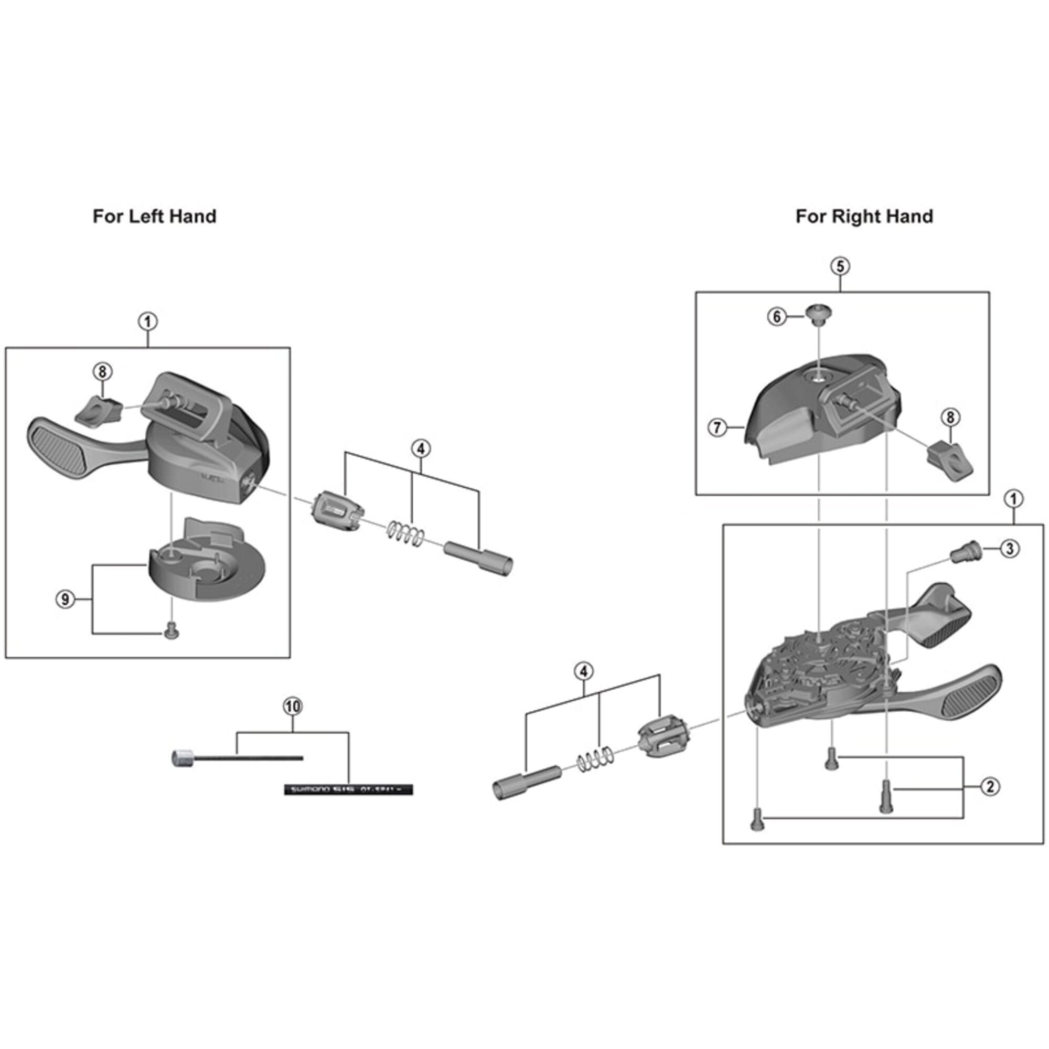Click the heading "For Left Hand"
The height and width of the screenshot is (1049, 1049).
point(154,217)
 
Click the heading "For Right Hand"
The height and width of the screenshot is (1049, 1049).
point(864,217)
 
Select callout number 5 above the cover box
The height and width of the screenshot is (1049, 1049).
point(840,266)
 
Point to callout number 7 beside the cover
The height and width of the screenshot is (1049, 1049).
point(717,428)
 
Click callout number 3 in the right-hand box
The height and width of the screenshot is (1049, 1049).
point(1009,549)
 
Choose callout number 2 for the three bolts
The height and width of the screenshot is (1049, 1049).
point(990,787)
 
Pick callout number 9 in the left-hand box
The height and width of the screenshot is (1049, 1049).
point(65,600)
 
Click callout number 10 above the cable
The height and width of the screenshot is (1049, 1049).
point(293,707)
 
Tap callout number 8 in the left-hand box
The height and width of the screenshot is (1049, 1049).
point(102,372)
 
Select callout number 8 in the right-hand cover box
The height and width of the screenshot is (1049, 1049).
point(950,417)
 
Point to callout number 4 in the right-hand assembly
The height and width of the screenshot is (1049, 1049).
point(584,672)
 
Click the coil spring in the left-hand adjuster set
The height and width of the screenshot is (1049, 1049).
point(405,532)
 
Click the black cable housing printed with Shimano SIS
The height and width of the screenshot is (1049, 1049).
point(349,789)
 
